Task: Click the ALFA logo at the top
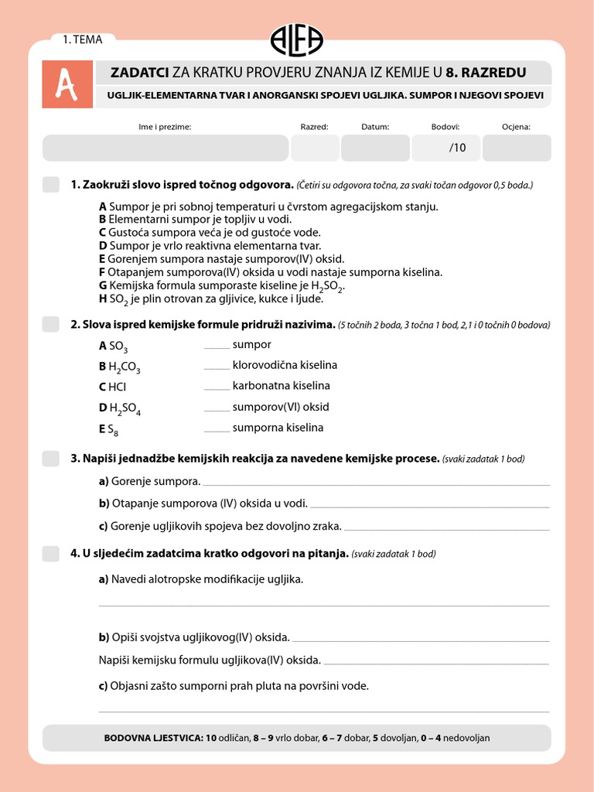click(297, 39)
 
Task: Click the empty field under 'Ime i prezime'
click(165, 148)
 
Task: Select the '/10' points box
click(446, 148)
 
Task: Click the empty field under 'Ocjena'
click(516, 148)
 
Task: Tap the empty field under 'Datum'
click(375, 148)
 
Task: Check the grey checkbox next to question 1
click(50, 185)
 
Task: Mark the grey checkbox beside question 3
click(50, 459)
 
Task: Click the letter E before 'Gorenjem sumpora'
click(102, 259)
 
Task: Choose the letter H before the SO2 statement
click(103, 299)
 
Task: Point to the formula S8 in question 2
click(112, 430)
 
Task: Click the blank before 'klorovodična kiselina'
click(217, 366)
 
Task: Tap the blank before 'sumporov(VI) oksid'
click(217, 408)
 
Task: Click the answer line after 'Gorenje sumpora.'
click(376, 483)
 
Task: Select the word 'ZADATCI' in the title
click(140, 73)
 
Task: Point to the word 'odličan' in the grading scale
click(234, 738)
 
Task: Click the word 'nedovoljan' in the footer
click(465, 738)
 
